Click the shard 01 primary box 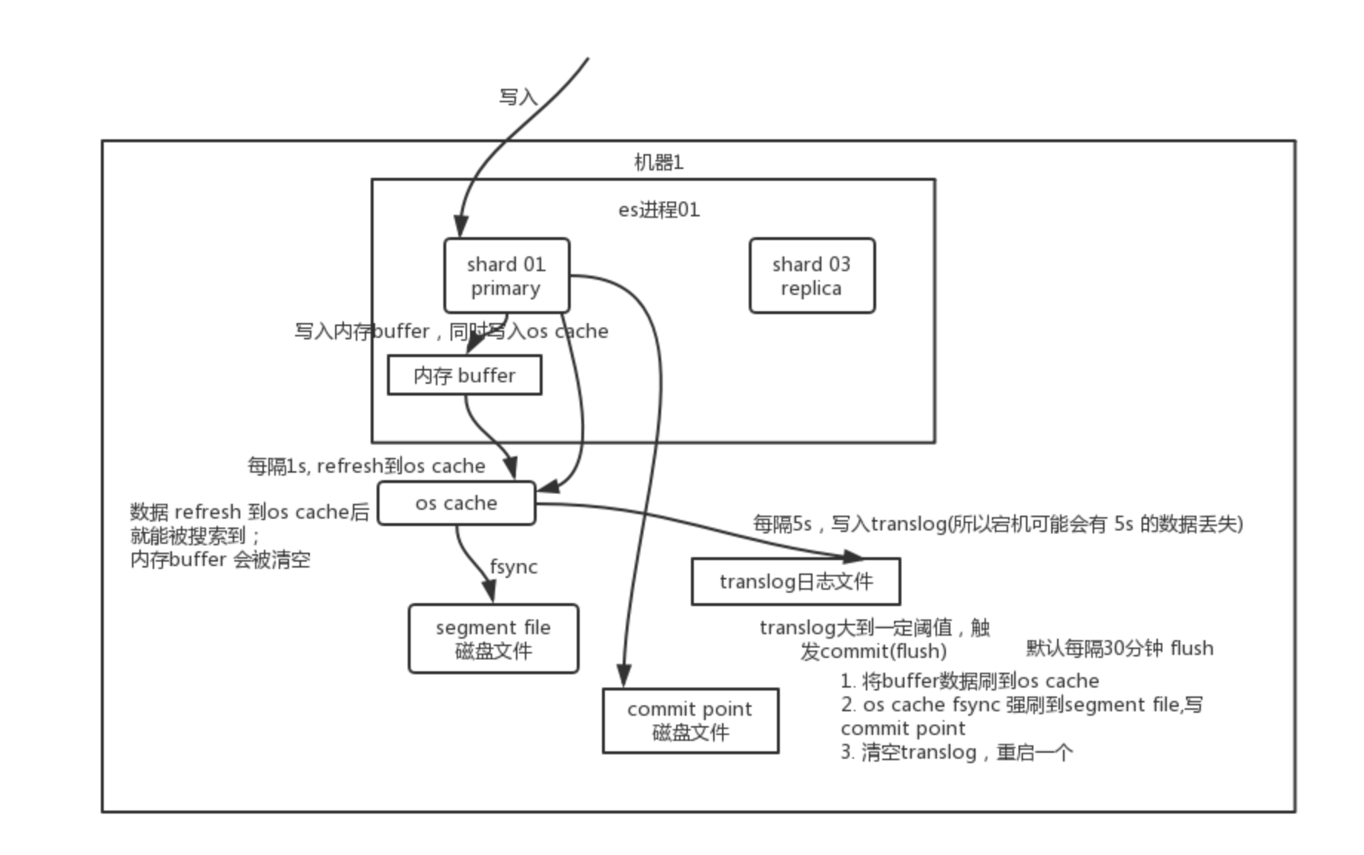(506, 276)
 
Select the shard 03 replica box (812, 276)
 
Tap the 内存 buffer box (464, 375)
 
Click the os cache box (456, 503)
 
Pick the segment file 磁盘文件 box (493, 639)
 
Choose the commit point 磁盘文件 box (690, 721)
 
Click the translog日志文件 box (795, 582)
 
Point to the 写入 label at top (517, 97)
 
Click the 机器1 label (658, 162)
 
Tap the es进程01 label (659, 210)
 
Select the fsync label (513, 567)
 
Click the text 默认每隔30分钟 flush (1119, 648)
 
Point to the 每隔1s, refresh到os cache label (366, 466)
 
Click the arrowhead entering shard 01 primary (460, 226)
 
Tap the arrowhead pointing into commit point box (624, 676)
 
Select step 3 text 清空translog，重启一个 (956, 753)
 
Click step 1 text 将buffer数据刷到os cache (970, 681)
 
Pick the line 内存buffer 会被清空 (220, 559)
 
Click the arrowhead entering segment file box (489, 591)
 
